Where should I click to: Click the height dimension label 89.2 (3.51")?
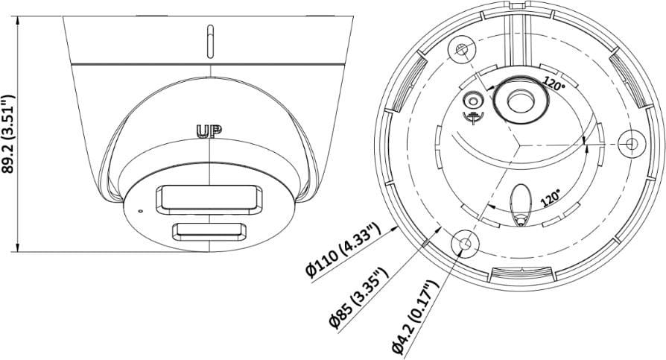pyautogui.click(x=9, y=134)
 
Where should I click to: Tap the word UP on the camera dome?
pyautogui.click(x=209, y=132)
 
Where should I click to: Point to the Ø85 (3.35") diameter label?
pyautogui.click(x=359, y=297)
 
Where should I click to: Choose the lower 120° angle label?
pyautogui.click(x=551, y=198)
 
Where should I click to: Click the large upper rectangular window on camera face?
pyautogui.click(x=209, y=199)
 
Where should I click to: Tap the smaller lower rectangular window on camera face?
pyautogui.click(x=209, y=232)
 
